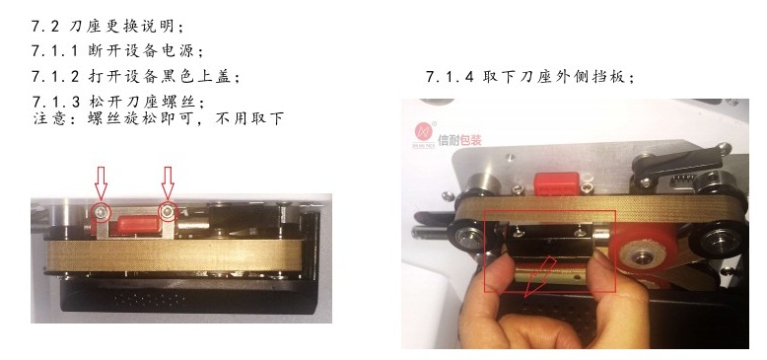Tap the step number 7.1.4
click(x=450, y=77)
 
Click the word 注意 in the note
click(x=49, y=119)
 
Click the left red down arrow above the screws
click(x=101, y=183)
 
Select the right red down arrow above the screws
click(x=168, y=183)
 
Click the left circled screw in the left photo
click(x=102, y=212)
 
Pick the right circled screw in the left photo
click(x=169, y=211)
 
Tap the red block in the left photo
click(x=138, y=225)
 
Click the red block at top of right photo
click(x=556, y=183)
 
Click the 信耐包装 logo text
click(x=459, y=140)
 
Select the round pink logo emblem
click(x=424, y=131)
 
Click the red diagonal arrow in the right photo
click(x=540, y=277)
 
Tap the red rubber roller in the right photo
click(x=641, y=255)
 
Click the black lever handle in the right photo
click(x=680, y=165)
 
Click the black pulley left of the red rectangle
click(x=467, y=237)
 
